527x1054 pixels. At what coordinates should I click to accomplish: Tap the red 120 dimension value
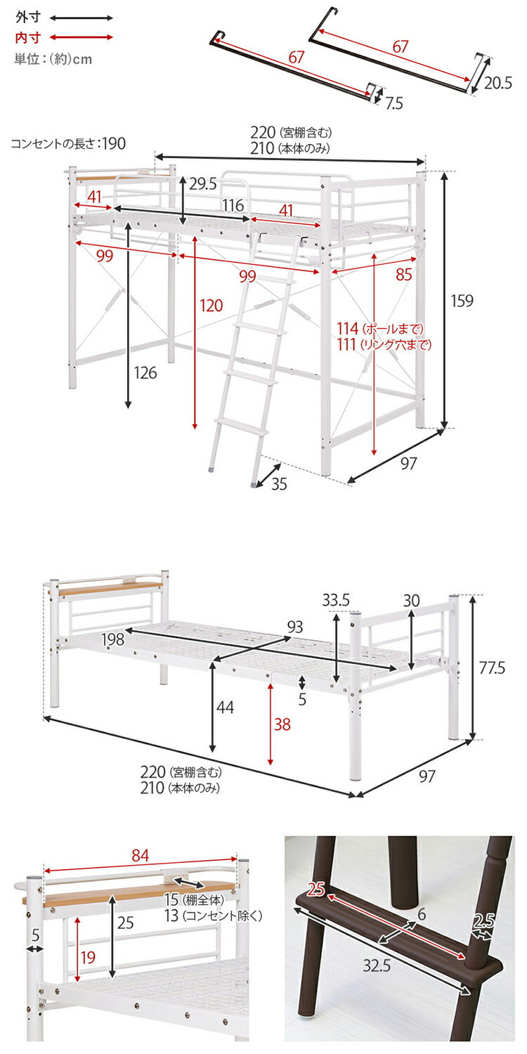coord(211,305)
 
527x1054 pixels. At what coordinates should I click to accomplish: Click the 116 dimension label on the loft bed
coord(233,205)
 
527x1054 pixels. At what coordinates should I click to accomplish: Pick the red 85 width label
coord(404,275)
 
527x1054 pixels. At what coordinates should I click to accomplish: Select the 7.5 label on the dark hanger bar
coord(394,103)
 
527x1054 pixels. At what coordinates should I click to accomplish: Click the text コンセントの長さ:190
coord(68,144)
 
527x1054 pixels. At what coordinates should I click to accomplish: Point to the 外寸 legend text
coord(27,17)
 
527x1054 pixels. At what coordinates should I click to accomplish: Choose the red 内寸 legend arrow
coord(82,37)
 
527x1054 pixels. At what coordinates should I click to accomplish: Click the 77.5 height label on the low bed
coord(492,668)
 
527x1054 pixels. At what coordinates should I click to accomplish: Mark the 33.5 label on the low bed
coord(336,601)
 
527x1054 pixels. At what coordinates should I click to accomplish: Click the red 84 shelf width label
coord(140,855)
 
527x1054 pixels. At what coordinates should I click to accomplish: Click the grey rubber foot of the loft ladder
coord(254,483)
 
